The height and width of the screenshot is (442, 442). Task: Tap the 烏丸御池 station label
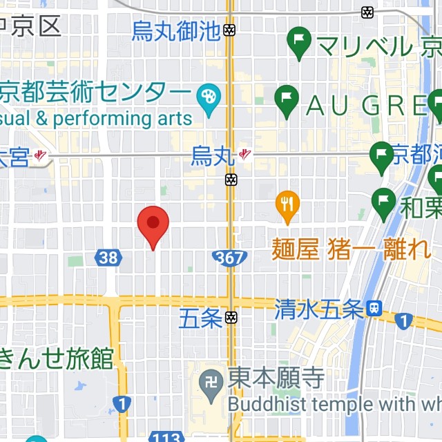(x=175, y=31)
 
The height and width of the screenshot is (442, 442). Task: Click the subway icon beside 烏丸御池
(x=230, y=30)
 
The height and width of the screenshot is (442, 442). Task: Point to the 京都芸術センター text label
(x=94, y=92)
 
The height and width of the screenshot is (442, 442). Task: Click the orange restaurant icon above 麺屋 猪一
(x=287, y=204)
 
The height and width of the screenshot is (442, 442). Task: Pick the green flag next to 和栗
(x=383, y=201)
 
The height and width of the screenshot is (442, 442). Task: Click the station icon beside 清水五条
(x=375, y=309)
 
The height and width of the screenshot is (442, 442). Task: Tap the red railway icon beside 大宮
(x=41, y=156)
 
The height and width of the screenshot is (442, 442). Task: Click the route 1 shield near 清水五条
(x=403, y=321)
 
